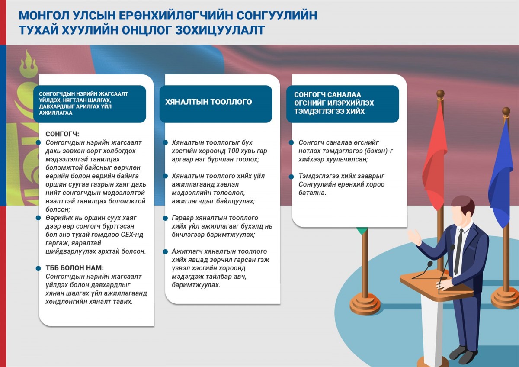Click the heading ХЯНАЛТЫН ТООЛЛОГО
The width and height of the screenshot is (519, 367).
pos(208,102)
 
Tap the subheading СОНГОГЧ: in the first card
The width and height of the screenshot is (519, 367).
pos(62,134)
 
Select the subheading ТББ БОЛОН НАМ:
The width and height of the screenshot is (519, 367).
pos(74,268)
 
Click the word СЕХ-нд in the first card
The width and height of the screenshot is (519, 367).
pos(132,235)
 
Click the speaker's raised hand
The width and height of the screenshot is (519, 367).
pos(415,237)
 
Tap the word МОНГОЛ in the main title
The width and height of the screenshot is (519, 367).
pos(44,16)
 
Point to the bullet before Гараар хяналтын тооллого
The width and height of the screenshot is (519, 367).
pos(165,218)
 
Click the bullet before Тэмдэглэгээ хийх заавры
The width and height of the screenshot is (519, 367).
pos(291,177)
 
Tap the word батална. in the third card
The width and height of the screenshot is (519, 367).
pos(312,193)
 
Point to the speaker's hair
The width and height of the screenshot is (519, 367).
pos(462,204)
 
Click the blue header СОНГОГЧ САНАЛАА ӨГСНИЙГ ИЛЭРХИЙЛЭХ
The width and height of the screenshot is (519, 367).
pos(343,104)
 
